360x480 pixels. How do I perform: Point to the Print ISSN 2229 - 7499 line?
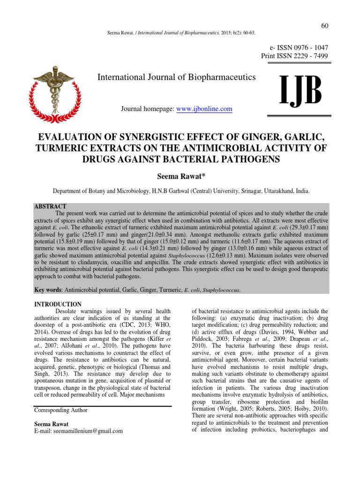[x=294, y=56]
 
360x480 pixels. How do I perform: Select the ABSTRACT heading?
[x=51, y=206]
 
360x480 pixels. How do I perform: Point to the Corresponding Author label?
[x=61, y=410]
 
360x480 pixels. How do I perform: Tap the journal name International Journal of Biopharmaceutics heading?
[x=176, y=77]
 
